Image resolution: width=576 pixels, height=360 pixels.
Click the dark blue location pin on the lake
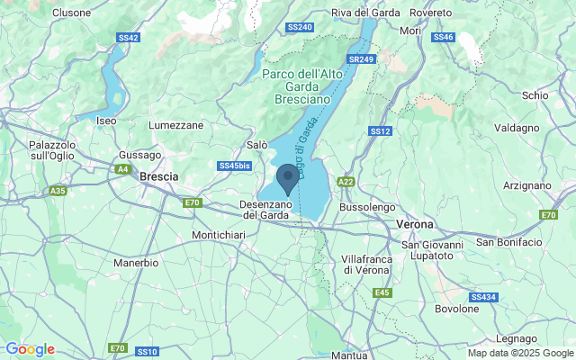(287, 177)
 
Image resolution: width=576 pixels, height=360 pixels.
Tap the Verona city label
(415, 223)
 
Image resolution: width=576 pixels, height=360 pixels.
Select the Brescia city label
(159, 176)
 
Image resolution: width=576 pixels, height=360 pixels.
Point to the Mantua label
(348, 355)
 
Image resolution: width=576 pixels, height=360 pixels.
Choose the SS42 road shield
(128, 38)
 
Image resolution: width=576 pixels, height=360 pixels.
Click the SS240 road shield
(299, 28)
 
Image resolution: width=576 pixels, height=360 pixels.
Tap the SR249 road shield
(361, 59)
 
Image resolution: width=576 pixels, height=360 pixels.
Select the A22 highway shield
(346, 182)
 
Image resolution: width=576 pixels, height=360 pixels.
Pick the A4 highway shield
(121, 168)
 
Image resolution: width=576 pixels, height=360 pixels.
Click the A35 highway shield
(58, 191)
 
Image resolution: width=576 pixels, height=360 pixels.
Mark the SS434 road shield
(482, 297)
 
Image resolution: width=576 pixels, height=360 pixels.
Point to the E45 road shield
(382, 292)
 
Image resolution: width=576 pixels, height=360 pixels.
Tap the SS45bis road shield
(234, 166)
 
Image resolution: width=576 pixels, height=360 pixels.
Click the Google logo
(30, 349)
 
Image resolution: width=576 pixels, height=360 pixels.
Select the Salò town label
(256, 144)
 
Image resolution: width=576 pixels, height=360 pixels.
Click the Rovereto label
(430, 13)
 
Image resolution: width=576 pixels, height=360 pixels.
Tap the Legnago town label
(517, 338)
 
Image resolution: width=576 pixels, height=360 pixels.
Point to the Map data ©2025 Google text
(519, 353)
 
